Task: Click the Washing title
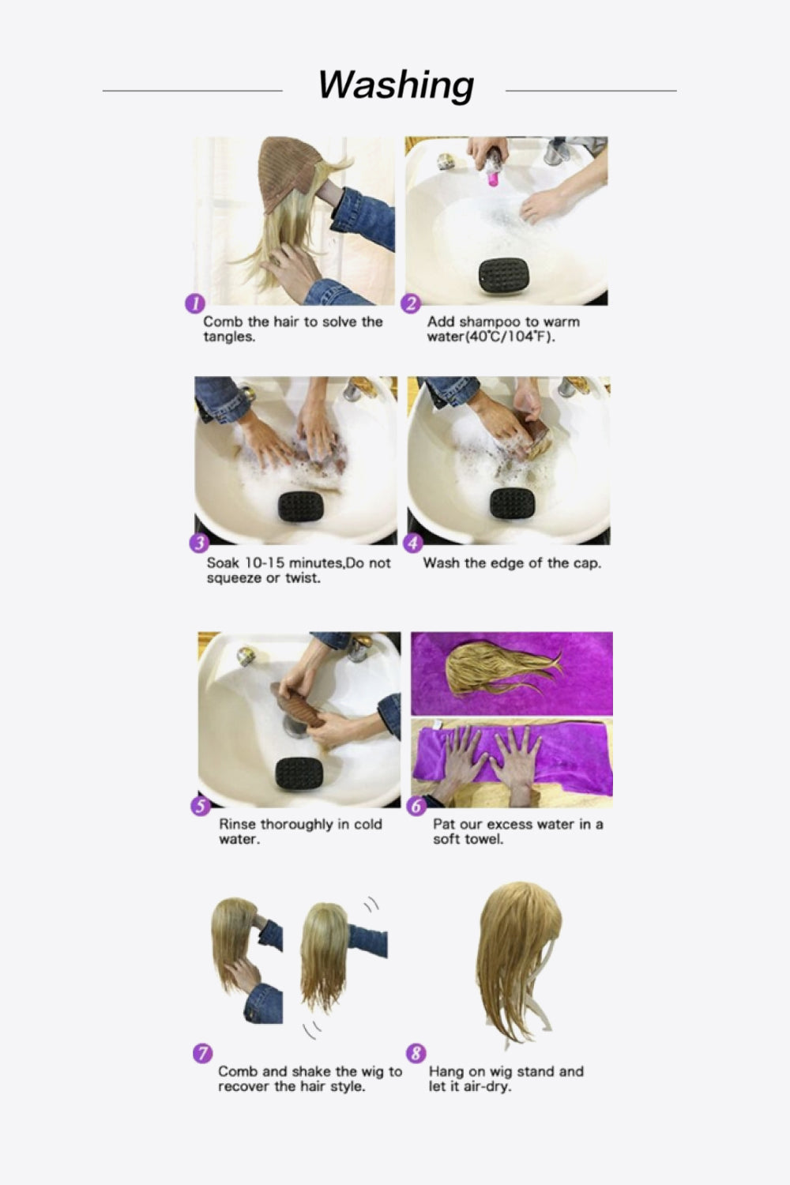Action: pyautogui.click(x=396, y=85)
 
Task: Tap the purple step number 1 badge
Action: pyautogui.click(x=194, y=303)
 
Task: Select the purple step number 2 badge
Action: pyautogui.click(x=411, y=303)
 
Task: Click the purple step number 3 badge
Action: pyautogui.click(x=199, y=543)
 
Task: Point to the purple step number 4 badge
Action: pyautogui.click(x=413, y=543)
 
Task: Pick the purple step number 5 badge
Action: pyautogui.click(x=201, y=806)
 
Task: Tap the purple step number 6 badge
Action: pyautogui.click(x=416, y=806)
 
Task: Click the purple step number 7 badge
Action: pyautogui.click(x=202, y=1053)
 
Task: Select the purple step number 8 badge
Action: pyautogui.click(x=416, y=1053)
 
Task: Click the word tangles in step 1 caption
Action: pyautogui.click(x=229, y=337)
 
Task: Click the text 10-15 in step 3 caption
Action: pyautogui.click(x=265, y=563)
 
